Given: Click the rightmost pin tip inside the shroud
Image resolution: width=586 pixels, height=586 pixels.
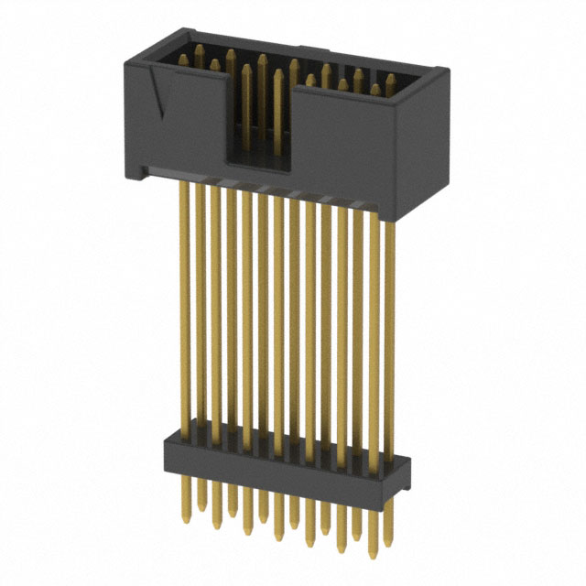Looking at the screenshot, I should coord(390,79).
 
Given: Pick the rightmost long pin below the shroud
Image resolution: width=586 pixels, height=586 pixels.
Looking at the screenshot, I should coord(388,339).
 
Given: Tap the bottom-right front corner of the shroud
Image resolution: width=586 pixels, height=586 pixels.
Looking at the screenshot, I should coord(396,218).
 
